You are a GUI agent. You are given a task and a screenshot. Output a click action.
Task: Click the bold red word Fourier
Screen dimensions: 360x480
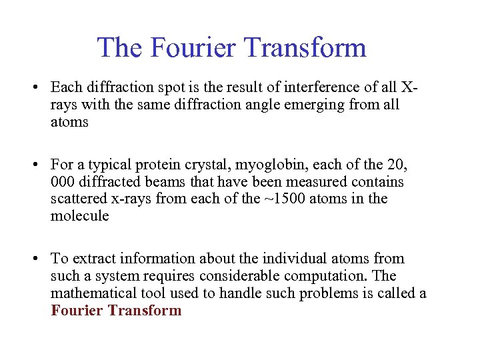coord(75,310)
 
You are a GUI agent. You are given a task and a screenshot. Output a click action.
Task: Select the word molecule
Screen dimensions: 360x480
coord(79,216)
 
